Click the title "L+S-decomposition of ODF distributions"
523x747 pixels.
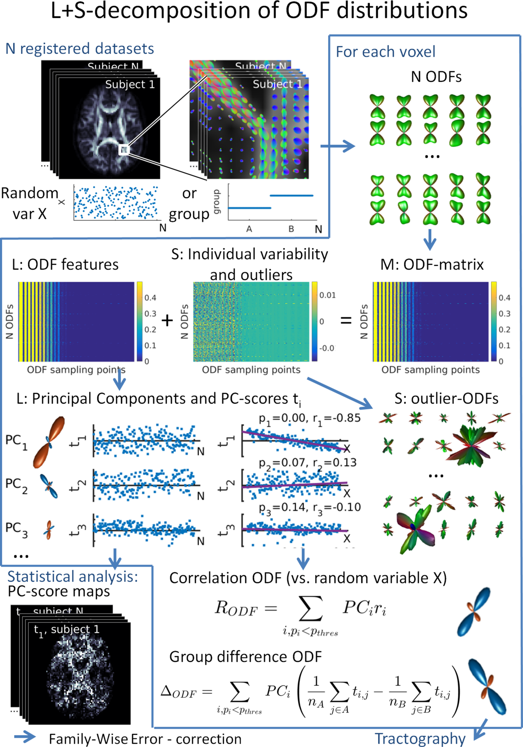click(259, 11)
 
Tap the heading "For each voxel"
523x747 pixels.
click(385, 52)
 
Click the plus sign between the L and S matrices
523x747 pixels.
click(167, 321)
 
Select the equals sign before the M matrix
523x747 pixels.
click(346, 321)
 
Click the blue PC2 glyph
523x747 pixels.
click(49, 486)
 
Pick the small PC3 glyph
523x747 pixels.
click(49, 530)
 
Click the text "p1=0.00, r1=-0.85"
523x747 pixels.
click(309, 418)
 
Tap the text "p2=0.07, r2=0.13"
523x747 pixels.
click(308, 463)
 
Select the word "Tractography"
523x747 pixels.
click(420, 739)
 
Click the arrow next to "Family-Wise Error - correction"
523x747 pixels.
click(25, 737)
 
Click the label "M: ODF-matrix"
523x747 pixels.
click(432, 265)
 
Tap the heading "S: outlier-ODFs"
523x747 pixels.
click(446, 398)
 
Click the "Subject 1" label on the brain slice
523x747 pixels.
click(130, 85)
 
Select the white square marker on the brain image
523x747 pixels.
click(124, 150)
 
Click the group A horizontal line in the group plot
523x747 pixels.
click(249, 208)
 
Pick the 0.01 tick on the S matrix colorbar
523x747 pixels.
click(327, 295)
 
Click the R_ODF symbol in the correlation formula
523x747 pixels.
click(236, 609)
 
